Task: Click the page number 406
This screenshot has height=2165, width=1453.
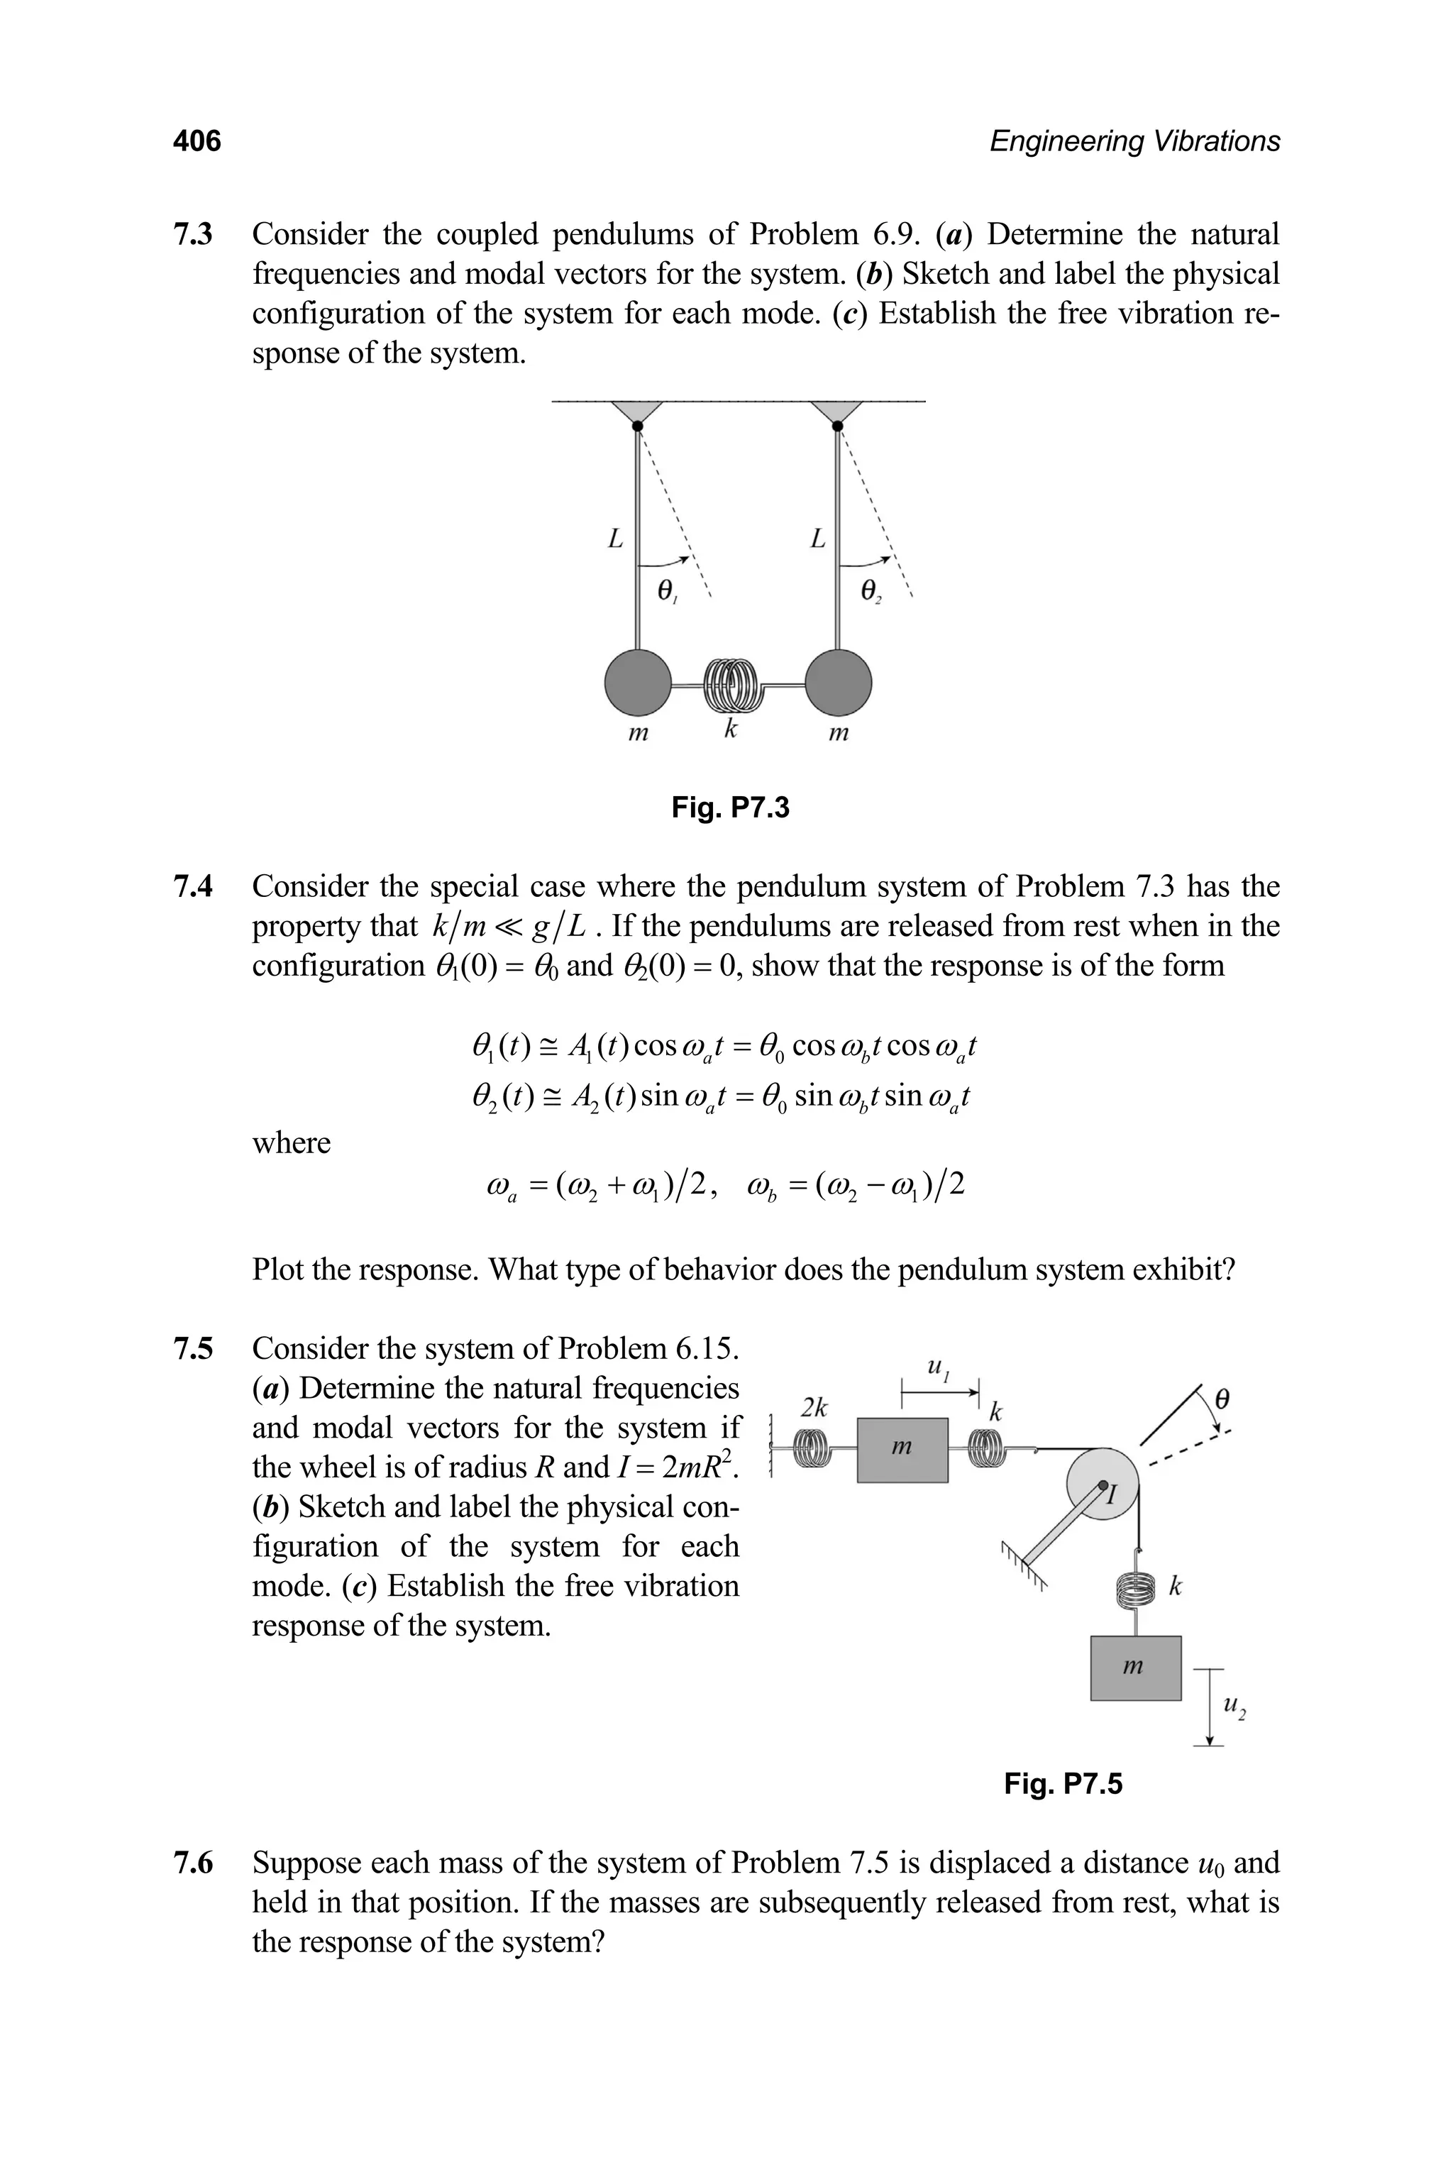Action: click(x=197, y=141)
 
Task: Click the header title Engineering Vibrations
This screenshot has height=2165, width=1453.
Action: click(x=1134, y=141)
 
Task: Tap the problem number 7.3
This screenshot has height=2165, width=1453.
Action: click(x=193, y=233)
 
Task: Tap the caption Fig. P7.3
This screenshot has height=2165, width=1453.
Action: click(x=730, y=808)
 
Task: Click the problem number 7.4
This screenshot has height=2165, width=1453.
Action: click(x=193, y=886)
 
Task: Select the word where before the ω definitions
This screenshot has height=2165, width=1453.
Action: click(x=291, y=1142)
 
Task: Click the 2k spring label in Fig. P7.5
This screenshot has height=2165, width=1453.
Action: click(x=814, y=1408)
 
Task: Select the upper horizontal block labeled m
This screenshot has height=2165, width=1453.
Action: click(x=902, y=1450)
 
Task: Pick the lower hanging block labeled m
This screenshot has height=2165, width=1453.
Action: click(x=1135, y=1668)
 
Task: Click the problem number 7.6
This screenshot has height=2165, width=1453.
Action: click(x=193, y=1863)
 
